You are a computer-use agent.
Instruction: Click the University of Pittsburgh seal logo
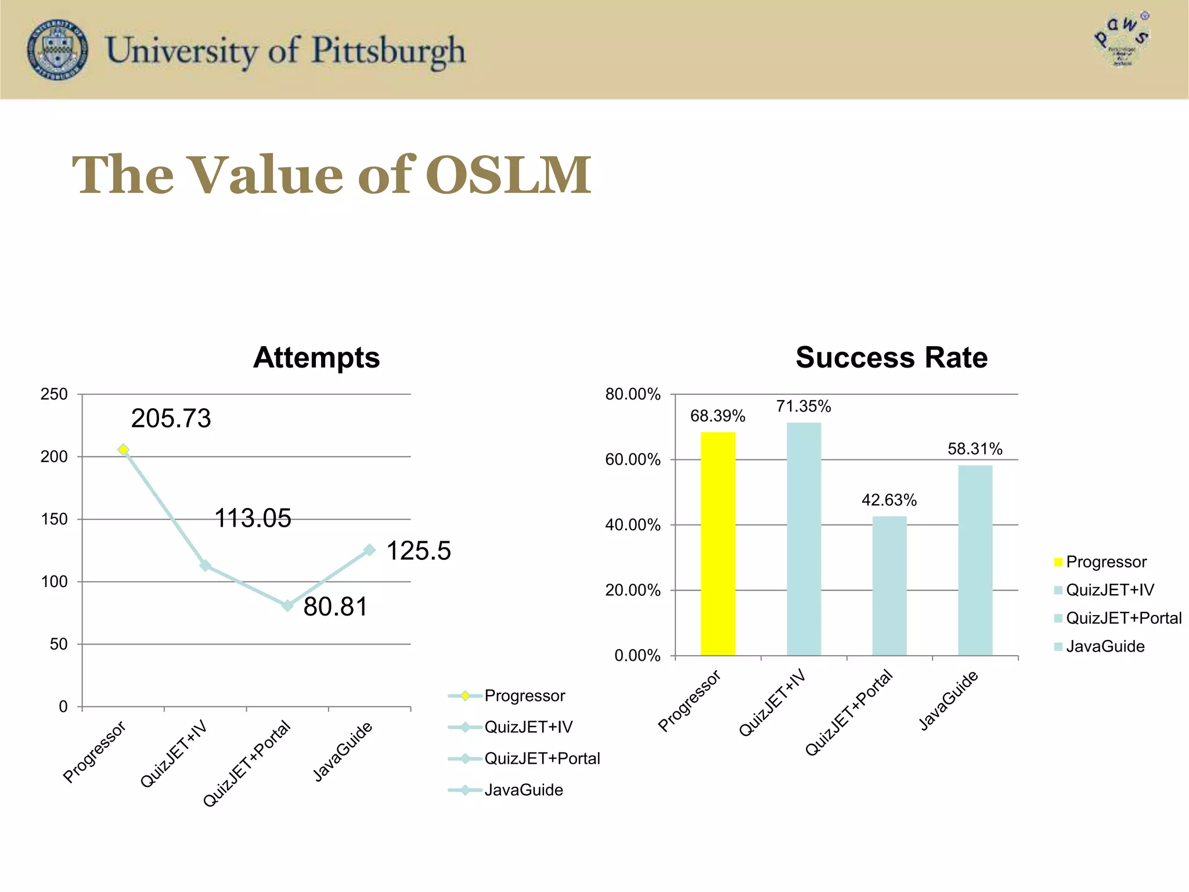click(57, 49)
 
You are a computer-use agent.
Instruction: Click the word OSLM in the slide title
click(508, 175)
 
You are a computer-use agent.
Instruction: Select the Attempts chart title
click(316, 358)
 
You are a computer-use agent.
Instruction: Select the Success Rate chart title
click(891, 358)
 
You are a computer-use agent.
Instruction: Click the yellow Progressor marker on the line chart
click(123, 449)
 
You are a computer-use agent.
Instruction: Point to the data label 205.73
click(171, 419)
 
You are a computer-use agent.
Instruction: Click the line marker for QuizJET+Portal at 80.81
click(287, 606)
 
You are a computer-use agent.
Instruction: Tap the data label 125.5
click(418, 551)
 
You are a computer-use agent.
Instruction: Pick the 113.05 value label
click(253, 518)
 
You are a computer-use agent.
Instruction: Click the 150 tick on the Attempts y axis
click(54, 519)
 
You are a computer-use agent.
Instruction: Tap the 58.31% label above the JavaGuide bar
click(975, 449)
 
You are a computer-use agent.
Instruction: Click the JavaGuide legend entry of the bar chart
click(1104, 646)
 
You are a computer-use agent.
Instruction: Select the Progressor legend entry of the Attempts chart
click(524, 696)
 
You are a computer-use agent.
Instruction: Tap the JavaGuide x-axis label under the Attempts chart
click(343, 751)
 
